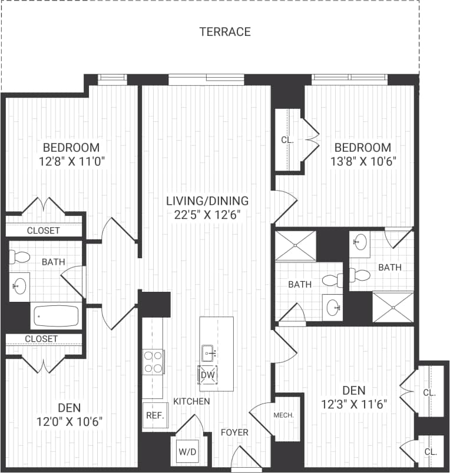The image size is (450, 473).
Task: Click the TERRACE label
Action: [225, 32]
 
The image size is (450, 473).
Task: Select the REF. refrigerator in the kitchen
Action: [154, 414]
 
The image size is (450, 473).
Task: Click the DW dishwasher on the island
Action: [207, 375]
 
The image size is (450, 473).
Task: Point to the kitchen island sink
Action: [209, 354]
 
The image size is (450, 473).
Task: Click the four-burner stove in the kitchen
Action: [154, 361]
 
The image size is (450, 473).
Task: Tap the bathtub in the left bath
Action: [56, 316]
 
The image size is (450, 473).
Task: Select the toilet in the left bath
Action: [21, 257]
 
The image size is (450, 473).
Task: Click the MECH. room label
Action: [284, 415]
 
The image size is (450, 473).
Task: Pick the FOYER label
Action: [234, 432]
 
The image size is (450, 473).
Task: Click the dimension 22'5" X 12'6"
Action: [207, 215]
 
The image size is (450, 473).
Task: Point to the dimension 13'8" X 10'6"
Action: [362, 162]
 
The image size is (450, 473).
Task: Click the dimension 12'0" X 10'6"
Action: [70, 421]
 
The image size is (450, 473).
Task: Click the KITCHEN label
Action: [191, 401]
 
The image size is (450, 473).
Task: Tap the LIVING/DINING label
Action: [207, 200]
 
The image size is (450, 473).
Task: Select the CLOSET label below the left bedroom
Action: [43, 231]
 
